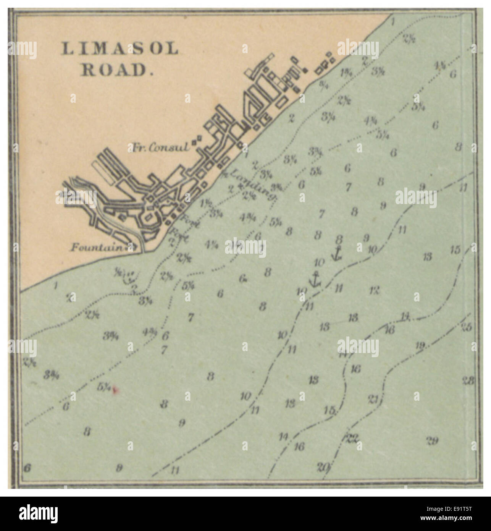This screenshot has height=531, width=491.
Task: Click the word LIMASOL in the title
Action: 120,49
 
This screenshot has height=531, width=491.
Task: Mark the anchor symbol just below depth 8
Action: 336,253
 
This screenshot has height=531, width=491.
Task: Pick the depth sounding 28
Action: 468,380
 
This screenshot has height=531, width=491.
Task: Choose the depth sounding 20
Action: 323,466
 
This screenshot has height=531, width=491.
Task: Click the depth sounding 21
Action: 374,400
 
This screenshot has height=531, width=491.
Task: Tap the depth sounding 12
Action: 374,290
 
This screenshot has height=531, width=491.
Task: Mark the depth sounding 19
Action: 420,346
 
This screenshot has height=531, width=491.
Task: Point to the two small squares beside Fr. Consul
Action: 196,141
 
